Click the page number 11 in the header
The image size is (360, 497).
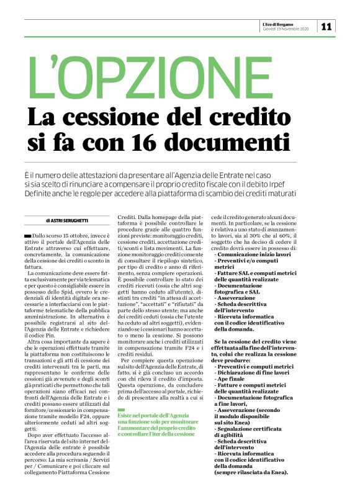click(326, 25)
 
